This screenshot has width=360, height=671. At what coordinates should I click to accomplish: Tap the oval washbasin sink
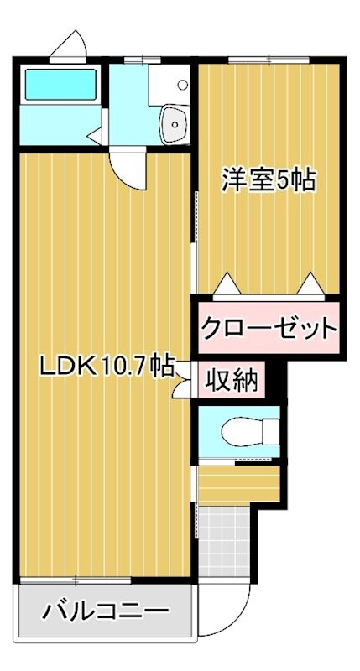tap(175, 123)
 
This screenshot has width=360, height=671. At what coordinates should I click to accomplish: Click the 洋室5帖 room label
tap(269, 180)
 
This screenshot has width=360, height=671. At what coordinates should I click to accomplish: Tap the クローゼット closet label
tap(268, 328)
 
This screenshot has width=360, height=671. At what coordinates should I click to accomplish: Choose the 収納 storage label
tap(232, 382)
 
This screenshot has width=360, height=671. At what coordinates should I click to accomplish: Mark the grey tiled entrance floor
tap(225, 536)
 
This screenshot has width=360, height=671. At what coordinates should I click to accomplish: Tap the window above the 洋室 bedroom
tap(249, 59)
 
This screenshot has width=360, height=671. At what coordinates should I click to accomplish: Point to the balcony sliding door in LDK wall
tap(76, 580)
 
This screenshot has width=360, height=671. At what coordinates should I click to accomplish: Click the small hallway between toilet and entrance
tap(238, 484)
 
